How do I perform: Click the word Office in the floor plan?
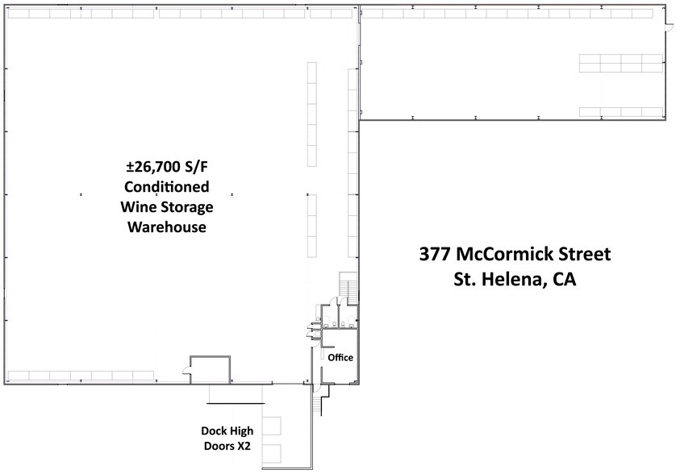coord(340,356)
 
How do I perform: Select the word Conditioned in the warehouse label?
coord(166,187)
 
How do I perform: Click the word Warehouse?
coord(166,227)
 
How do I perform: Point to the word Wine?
coord(136,207)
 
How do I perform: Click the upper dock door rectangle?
coord(270,427)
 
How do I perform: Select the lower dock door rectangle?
coord(270,454)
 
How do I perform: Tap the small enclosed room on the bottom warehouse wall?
coord(211,368)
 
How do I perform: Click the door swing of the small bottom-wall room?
coord(187,371)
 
